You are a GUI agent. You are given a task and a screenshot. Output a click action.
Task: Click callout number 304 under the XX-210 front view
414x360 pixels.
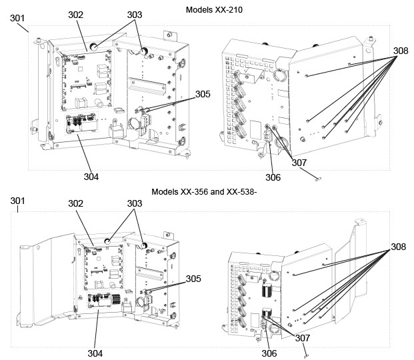pyautogui.click(x=91, y=177)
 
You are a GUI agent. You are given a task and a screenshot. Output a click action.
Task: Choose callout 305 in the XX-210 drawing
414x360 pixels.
pyautogui.click(x=203, y=94)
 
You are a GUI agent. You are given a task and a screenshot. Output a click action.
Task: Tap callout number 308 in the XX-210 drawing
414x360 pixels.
pyautogui.click(x=400, y=50)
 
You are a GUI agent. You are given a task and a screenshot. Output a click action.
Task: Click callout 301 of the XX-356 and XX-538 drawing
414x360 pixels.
pyautogui.click(x=18, y=201)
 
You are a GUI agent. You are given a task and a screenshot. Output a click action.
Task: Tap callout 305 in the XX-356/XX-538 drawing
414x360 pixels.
pyautogui.click(x=193, y=279)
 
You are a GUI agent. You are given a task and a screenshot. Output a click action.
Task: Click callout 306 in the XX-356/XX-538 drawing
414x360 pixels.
pyautogui.click(x=269, y=353)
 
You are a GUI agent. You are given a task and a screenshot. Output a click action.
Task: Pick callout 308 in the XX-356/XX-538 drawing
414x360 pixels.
pyautogui.click(x=398, y=247)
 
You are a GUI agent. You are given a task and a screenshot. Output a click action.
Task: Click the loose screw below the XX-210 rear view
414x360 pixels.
pyautogui.click(x=319, y=178)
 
